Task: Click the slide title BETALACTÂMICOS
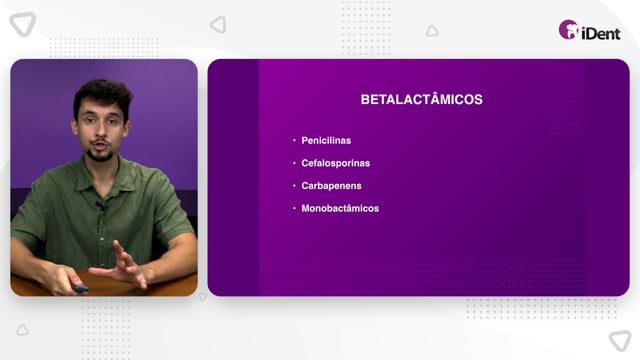click(422, 99)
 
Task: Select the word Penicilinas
click(326, 140)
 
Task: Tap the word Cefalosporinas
click(336, 163)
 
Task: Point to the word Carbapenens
click(331, 186)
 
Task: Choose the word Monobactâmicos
click(340, 209)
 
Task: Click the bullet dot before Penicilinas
click(294, 140)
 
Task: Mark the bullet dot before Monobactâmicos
click(294, 208)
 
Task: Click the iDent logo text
click(601, 33)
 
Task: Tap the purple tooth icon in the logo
click(569, 29)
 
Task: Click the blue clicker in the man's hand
click(80, 289)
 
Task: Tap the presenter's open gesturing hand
click(121, 266)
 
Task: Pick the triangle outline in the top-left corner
click(23, 24)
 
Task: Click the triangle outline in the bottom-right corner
click(620, 341)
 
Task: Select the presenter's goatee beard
click(100, 154)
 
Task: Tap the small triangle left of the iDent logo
click(432, 31)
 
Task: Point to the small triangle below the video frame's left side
click(22, 330)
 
